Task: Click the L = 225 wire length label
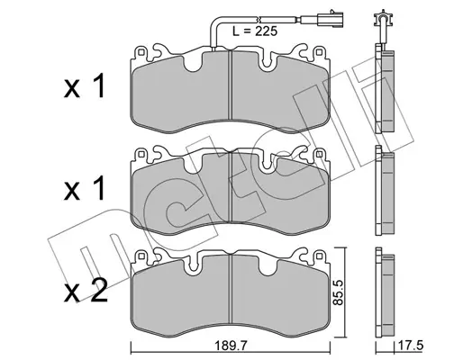(x=255, y=31)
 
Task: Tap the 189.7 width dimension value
(x=231, y=346)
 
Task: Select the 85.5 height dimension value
(x=339, y=292)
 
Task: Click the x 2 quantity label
(x=86, y=290)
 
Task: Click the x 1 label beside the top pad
(x=85, y=86)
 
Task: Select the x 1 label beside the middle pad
(x=85, y=188)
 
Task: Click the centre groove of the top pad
(x=231, y=85)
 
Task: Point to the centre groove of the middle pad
(x=231, y=187)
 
